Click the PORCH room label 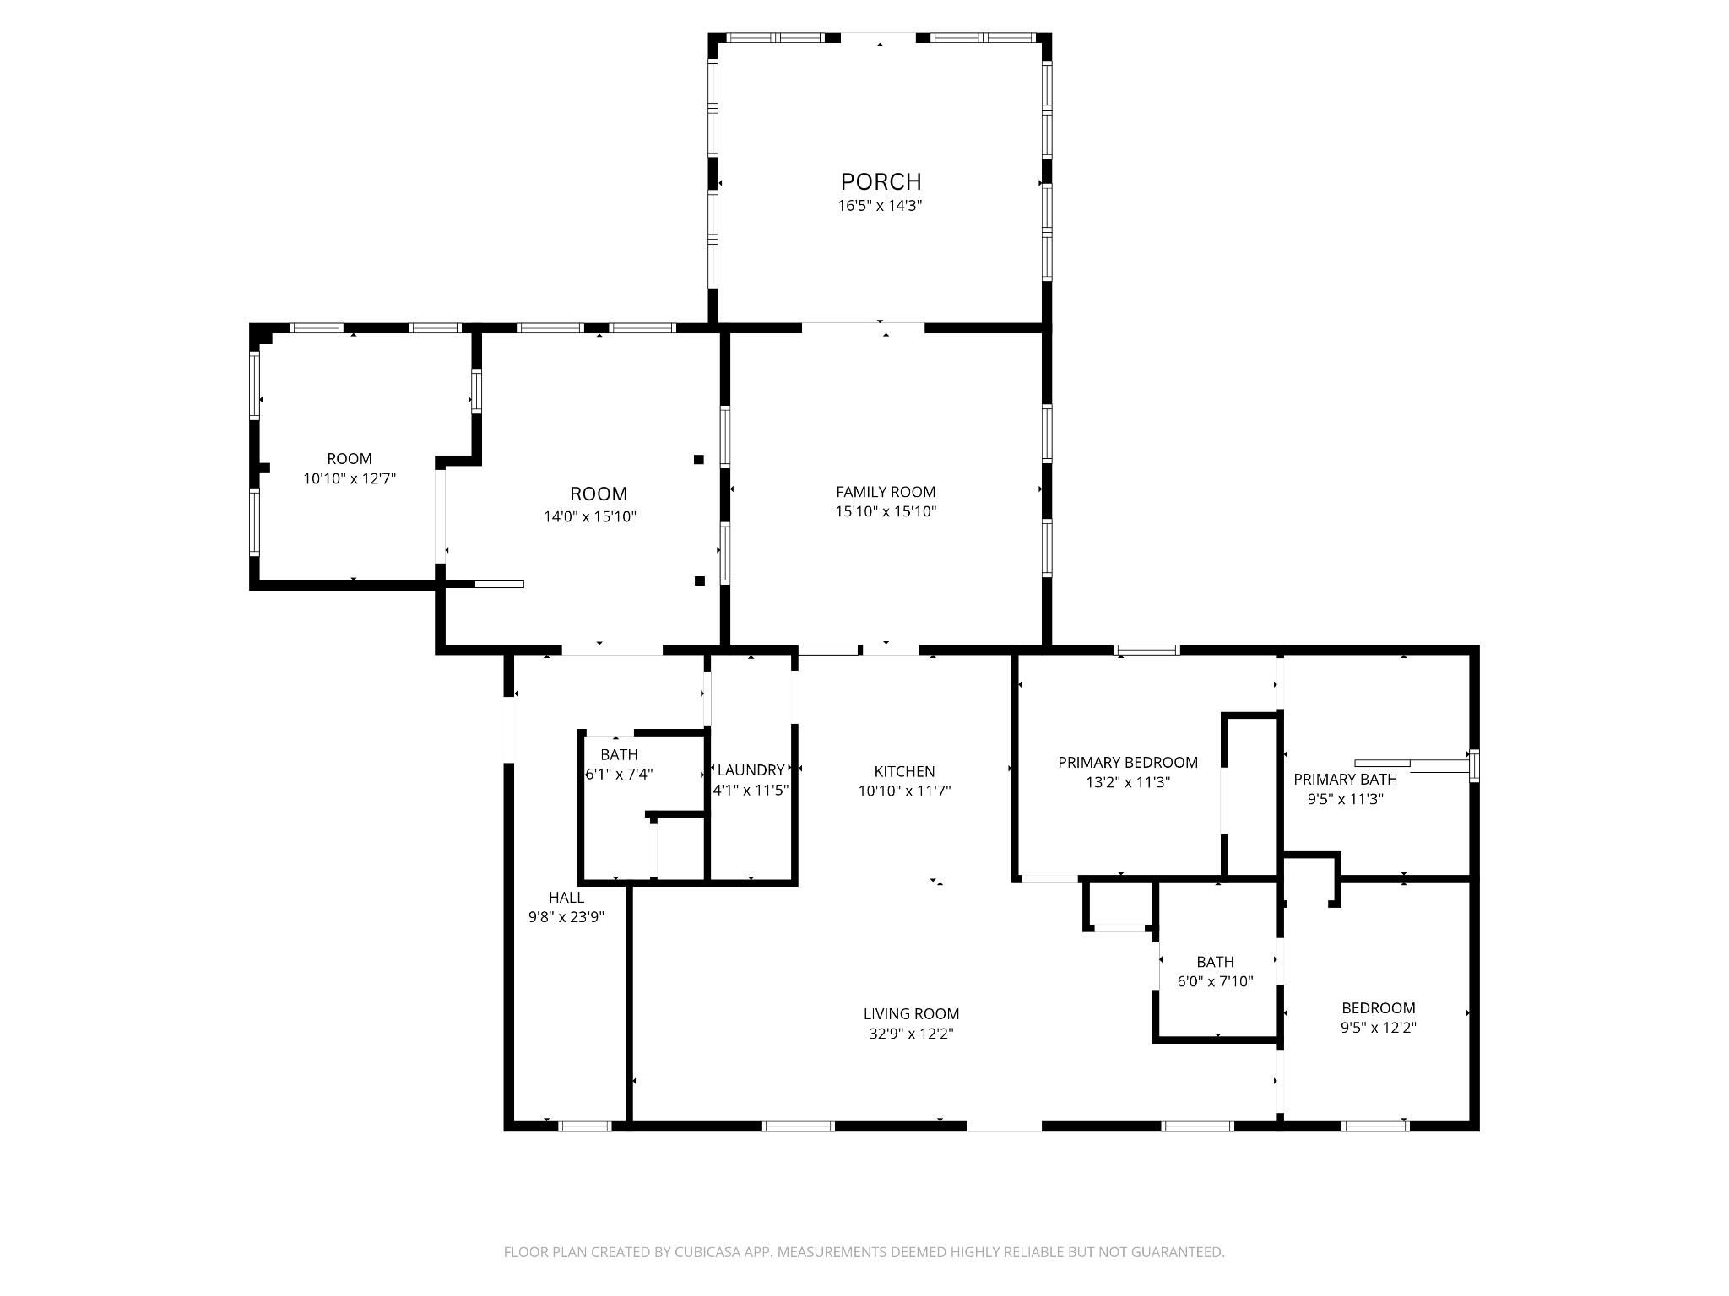coord(881,181)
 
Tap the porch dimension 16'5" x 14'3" coord(880,205)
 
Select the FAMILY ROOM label coord(886,491)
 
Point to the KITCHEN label coord(904,771)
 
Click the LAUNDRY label coord(751,769)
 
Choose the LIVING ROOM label coord(911,1013)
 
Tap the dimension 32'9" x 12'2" coord(911,1034)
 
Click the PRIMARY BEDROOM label coord(1128,762)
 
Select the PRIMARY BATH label coord(1345,779)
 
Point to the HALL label coord(566,897)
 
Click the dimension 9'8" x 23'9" coord(566,917)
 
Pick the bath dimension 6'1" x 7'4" coord(620,774)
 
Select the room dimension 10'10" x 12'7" coord(350,478)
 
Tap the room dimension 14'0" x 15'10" coord(590,516)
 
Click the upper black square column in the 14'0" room coord(699,459)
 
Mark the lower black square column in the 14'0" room coord(699,580)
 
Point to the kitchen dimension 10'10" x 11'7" coord(904,791)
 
